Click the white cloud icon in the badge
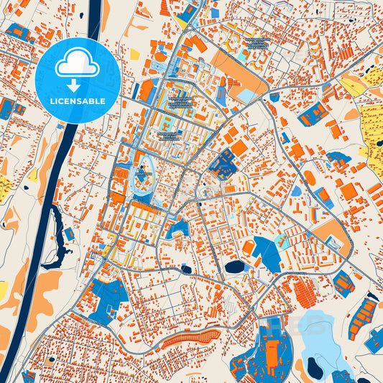pyautogui.click(x=78, y=65)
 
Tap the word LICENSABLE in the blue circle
pyautogui.click(x=78, y=101)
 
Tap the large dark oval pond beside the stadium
pyautogui.click(x=234, y=267)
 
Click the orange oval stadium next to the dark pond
pyautogui.click(x=249, y=247)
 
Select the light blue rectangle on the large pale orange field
pyautogui.click(x=246, y=96)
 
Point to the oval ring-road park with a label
pyautogui.click(x=142, y=175)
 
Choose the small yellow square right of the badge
pyautogui.click(x=134, y=54)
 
